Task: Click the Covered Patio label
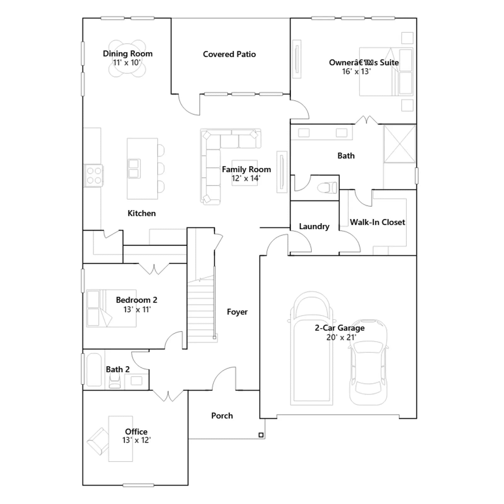tap(229, 54)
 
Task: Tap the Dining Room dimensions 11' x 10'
tap(127, 63)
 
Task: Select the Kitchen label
tap(141, 213)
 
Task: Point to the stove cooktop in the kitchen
tap(94, 175)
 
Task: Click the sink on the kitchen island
tap(134, 169)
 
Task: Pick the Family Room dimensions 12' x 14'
tap(246, 178)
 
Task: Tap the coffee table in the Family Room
tap(245, 173)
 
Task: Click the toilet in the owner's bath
tap(327, 188)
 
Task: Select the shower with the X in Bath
tap(400, 144)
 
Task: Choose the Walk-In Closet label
tap(377, 222)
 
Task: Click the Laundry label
tap(314, 226)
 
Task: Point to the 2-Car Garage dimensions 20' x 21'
tap(341, 337)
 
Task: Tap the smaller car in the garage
tap(368, 362)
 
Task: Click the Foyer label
tap(237, 312)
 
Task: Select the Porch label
tap(222, 416)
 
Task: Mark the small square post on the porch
tap(261, 435)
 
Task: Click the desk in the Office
tap(121, 439)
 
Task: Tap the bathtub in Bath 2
tap(94, 370)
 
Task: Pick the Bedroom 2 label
tap(136, 300)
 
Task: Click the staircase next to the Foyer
tap(201, 310)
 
